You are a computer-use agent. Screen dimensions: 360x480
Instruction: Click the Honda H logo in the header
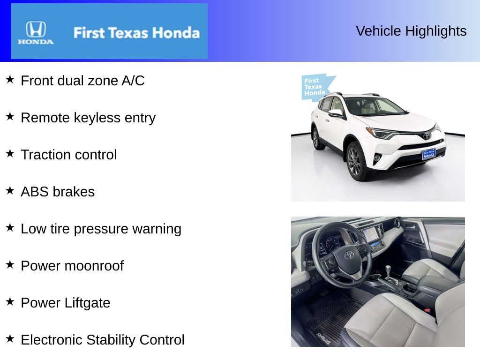click(x=36, y=30)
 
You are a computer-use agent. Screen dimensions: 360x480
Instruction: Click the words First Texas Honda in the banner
click(x=136, y=33)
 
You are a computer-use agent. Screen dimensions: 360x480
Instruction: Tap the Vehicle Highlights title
click(x=411, y=31)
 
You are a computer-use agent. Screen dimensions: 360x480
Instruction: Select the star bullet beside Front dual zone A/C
click(x=10, y=79)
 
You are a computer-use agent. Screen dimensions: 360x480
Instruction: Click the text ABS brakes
click(x=58, y=192)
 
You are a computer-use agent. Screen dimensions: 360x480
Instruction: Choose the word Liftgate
click(x=87, y=303)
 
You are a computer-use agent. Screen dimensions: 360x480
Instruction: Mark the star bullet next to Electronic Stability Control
click(x=10, y=338)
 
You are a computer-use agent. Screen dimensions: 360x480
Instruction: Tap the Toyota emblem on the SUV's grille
click(x=426, y=135)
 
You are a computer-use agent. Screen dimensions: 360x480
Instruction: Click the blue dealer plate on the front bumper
click(x=428, y=154)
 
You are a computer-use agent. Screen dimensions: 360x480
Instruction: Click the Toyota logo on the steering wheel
click(x=349, y=255)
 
